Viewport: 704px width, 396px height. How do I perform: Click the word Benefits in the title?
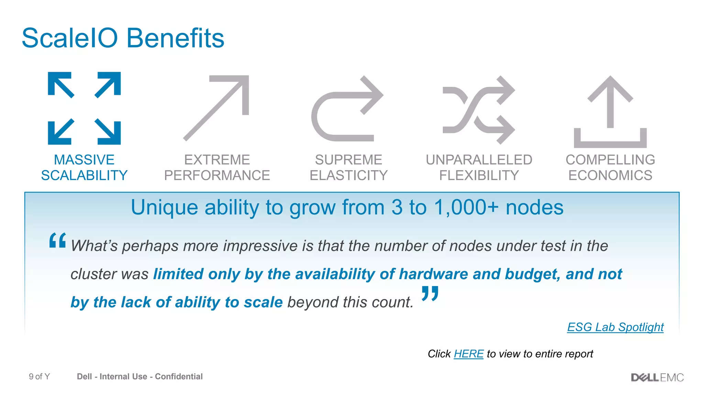pos(175,38)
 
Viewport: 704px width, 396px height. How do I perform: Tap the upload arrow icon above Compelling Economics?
pos(610,112)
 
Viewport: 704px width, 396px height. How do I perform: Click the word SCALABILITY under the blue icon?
pos(84,176)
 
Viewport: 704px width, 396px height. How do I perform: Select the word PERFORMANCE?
pos(217,176)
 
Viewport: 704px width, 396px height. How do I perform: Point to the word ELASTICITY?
pos(349,176)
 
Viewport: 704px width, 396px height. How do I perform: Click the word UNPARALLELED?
pos(479,160)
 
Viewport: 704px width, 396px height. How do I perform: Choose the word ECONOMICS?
pos(610,176)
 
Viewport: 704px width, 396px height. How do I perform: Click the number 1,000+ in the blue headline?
pos(466,208)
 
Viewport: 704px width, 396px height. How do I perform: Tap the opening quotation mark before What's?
pos(57,240)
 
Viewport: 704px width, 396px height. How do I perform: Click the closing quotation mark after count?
pos(430,293)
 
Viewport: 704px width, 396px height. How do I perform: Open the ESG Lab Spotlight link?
pos(615,327)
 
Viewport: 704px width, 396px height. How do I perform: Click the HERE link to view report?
pos(468,354)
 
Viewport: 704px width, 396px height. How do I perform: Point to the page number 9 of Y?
pos(39,377)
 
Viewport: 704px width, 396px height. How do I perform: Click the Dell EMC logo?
pos(657,377)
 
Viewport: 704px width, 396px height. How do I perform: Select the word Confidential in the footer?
pos(179,377)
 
